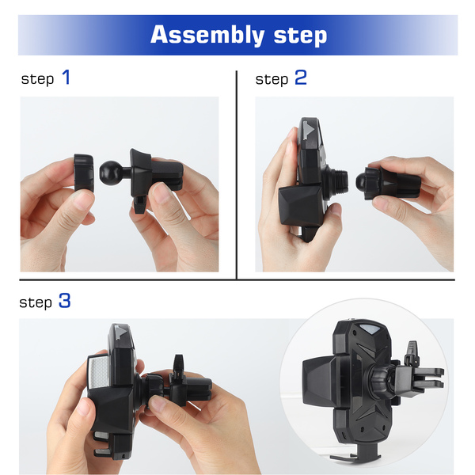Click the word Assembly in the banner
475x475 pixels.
coord(207,35)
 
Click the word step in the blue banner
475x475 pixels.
coord(300,36)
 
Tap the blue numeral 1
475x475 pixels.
coord(66,77)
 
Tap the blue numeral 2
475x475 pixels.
coord(301,77)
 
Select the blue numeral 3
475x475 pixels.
coord(65,300)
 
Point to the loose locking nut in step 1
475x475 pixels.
coord(84,173)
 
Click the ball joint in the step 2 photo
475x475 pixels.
coord(360,180)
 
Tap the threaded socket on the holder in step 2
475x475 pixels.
coord(336,180)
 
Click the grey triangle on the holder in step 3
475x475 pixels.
coord(121,332)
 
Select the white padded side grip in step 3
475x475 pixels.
coord(98,372)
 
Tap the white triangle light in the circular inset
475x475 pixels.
coord(370,329)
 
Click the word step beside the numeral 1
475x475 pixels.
coord(37,80)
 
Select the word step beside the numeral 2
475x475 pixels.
coord(272,80)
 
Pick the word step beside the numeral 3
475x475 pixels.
coord(36,303)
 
